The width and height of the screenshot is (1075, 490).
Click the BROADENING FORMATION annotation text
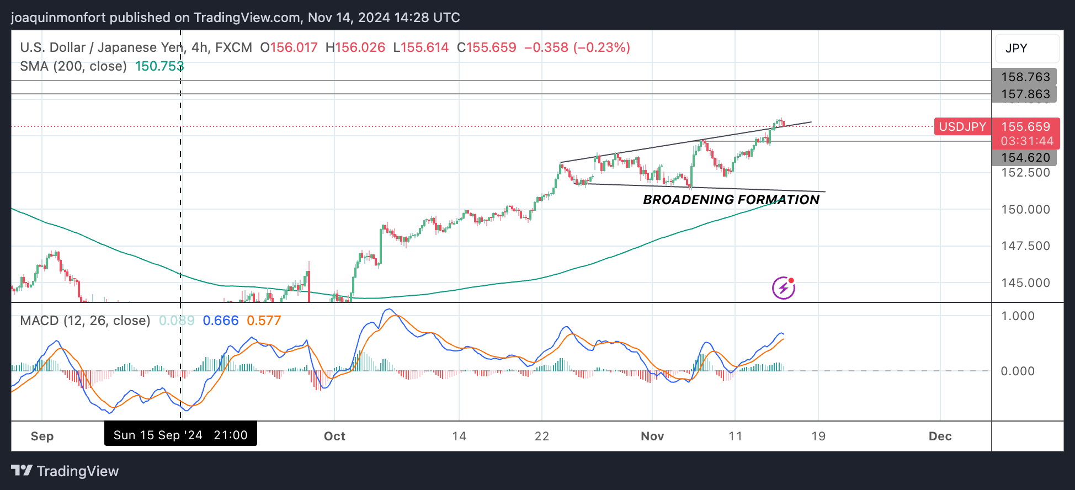point(731,200)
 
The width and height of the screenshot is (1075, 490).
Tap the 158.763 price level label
point(1025,77)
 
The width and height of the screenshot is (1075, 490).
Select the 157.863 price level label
point(1025,94)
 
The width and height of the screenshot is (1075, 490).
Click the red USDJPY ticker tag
point(962,127)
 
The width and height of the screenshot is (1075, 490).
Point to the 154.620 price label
point(1025,158)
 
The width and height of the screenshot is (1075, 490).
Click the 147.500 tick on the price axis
point(1025,246)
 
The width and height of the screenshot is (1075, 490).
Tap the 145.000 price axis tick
point(1025,283)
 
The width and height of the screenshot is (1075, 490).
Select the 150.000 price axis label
point(1025,210)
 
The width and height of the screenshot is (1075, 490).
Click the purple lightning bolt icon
point(783,287)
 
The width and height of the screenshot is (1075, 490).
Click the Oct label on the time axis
point(334,436)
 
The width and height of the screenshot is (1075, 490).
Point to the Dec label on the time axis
point(940,436)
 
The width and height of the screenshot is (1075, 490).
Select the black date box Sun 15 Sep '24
point(180,435)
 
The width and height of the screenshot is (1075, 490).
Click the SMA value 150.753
point(159,66)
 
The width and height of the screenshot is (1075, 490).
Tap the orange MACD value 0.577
point(264,321)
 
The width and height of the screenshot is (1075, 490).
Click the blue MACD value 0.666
point(220,321)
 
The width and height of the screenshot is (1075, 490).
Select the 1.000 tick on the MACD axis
point(1018,316)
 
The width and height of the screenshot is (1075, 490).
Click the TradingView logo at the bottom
point(65,471)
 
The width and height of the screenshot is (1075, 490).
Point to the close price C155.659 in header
point(487,47)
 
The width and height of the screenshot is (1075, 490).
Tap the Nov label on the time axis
point(652,436)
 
